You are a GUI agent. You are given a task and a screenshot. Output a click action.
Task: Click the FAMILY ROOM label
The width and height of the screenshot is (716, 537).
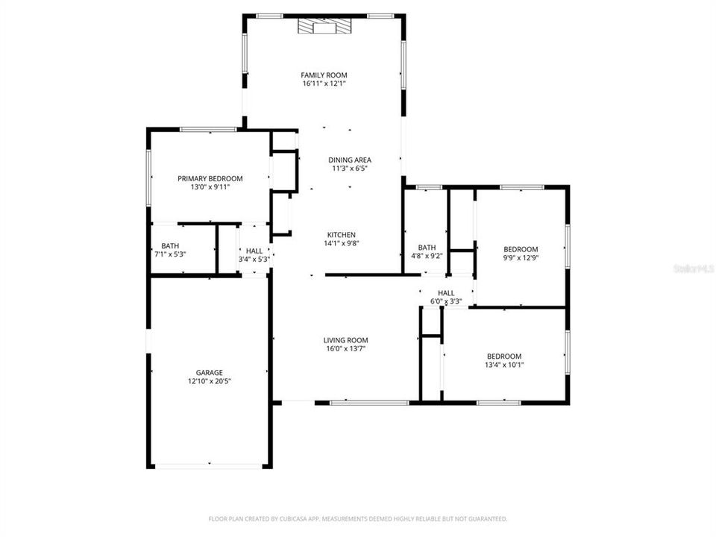click(x=324, y=75)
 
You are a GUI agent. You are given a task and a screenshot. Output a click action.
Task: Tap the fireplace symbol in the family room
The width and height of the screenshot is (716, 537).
click(x=324, y=28)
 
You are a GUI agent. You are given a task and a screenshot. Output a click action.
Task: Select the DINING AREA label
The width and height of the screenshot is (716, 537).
click(x=350, y=160)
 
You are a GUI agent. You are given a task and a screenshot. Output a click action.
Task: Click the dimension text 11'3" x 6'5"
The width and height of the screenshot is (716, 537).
click(x=350, y=169)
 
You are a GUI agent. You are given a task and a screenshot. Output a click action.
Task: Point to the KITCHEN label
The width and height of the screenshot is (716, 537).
click(x=339, y=235)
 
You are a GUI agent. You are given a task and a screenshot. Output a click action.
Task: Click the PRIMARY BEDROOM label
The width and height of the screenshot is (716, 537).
click(x=210, y=178)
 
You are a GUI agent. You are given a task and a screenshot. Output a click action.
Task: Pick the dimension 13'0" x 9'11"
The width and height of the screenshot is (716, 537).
click(x=210, y=187)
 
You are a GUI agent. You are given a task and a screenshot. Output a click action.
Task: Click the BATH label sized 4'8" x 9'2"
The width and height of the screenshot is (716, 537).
click(x=427, y=248)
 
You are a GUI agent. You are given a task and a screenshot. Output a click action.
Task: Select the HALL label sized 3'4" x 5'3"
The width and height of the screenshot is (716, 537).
click(x=254, y=251)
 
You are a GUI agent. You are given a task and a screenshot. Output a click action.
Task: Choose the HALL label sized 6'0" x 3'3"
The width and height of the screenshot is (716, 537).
click(x=446, y=293)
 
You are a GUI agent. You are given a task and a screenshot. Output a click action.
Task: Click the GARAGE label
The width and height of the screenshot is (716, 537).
click(x=210, y=372)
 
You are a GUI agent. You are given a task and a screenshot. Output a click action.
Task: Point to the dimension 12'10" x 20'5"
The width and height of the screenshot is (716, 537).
click(x=210, y=381)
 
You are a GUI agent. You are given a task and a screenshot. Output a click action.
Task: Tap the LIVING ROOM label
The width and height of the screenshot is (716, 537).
click(x=345, y=339)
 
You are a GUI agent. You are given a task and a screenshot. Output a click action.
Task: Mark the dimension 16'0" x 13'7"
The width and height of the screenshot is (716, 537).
click(x=345, y=348)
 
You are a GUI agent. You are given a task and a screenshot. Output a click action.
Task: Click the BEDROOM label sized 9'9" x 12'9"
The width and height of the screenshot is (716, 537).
click(x=520, y=249)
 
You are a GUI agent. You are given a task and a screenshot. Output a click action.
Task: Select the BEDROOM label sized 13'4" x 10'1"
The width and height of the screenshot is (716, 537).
click(x=504, y=357)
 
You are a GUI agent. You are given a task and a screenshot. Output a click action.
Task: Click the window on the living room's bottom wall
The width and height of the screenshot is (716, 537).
click(x=369, y=403)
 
